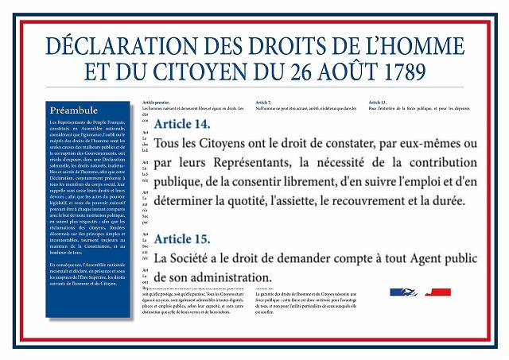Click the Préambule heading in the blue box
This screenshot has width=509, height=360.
(73, 110)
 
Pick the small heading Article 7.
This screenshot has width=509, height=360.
(263, 103)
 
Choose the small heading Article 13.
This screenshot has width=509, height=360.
(378, 103)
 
